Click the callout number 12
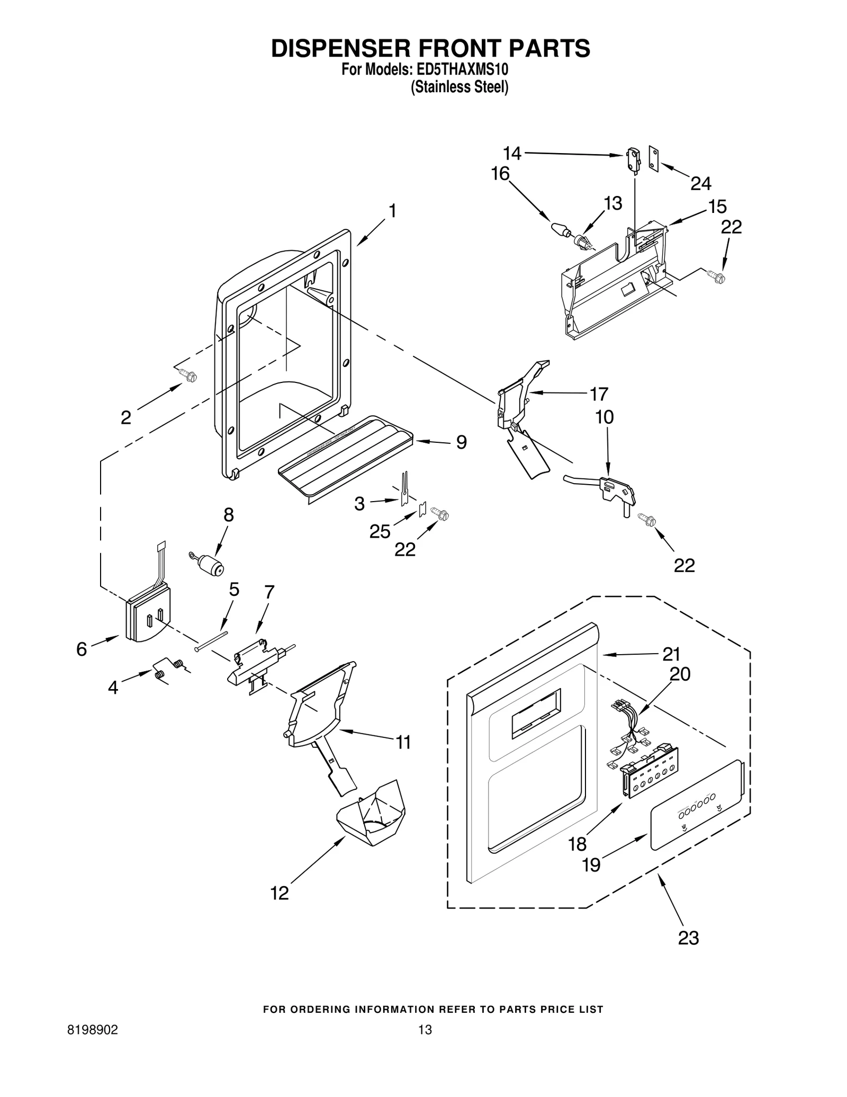pos(280,893)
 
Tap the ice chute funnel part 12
pos(372,816)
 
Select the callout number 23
pos(688,938)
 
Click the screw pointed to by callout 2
pos(188,376)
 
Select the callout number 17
pos(599,394)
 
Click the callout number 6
pos(82,649)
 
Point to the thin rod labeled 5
pos(211,641)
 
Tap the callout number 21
pos(671,654)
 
